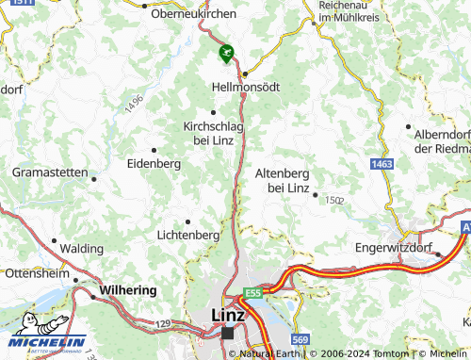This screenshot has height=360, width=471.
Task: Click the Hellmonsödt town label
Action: click(246, 87)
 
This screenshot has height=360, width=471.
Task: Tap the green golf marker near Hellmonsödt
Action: click(225, 54)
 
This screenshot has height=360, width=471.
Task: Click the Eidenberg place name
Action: click(153, 163)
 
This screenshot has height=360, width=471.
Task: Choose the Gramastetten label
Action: click(49, 172)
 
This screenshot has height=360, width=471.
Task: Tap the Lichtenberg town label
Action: click(188, 234)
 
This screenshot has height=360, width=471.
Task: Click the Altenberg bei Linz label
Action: click(283, 180)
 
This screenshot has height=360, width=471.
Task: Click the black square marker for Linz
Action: click(228, 333)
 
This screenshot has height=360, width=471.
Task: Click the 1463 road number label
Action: click(382, 165)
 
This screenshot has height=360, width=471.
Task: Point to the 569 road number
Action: click(300, 339)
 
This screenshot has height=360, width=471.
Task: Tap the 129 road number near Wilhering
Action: click(162, 323)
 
